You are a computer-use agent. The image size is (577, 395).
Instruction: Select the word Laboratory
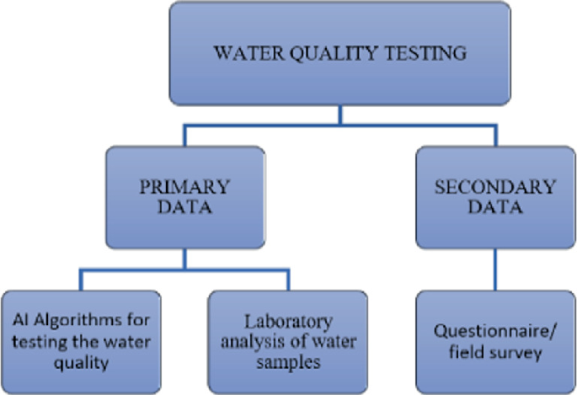(x=287, y=321)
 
